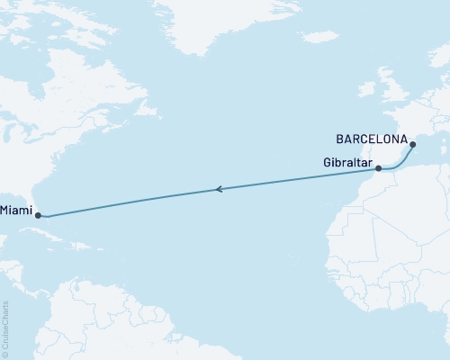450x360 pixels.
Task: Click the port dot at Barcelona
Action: click(x=412, y=145)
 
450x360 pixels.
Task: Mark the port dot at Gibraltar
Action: click(x=379, y=168)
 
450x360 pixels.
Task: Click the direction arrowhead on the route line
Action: click(x=218, y=189)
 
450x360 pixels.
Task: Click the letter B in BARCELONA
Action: click(x=338, y=140)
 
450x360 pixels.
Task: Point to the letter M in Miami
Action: click(x=5, y=211)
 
